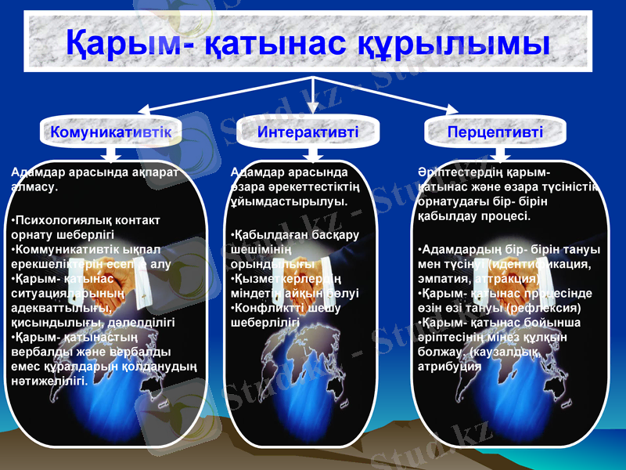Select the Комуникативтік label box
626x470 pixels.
point(111,132)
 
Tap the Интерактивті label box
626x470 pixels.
point(308,132)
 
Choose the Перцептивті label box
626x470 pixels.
point(495,132)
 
